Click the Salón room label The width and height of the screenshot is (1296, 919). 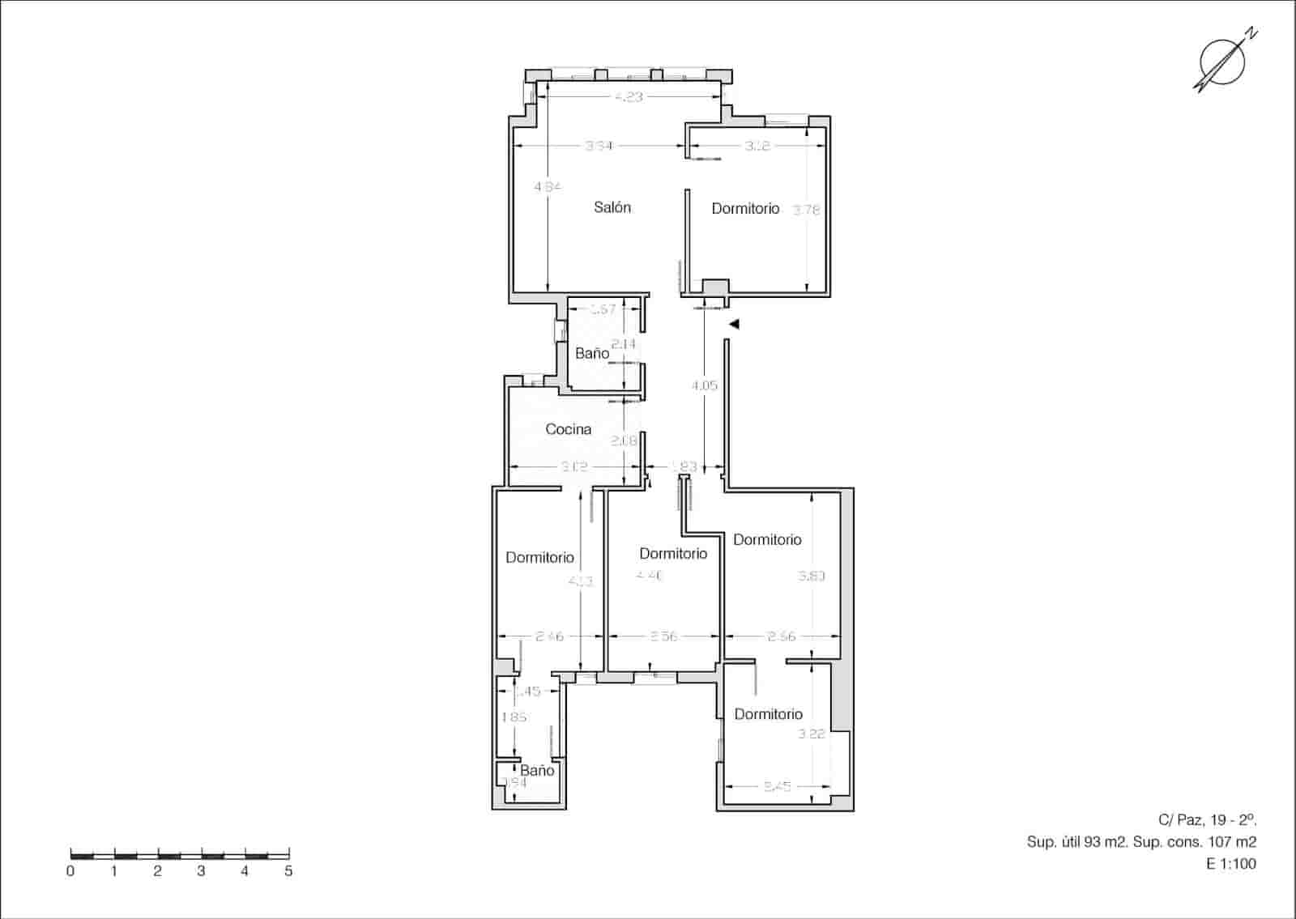point(612,207)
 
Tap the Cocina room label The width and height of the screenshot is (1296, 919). point(568,429)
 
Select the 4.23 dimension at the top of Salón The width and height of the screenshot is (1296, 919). point(628,96)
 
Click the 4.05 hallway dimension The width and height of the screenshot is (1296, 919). point(704,386)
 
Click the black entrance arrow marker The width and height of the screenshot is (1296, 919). point(734,324)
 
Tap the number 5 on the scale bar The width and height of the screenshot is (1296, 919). point(288,872)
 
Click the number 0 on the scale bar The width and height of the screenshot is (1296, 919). point(71,872)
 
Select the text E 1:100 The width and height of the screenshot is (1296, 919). point(1231,864)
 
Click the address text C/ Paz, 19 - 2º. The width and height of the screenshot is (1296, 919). point(1208,819)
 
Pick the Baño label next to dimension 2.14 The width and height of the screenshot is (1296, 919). point(592,354)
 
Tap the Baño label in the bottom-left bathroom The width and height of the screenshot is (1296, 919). point(537,770)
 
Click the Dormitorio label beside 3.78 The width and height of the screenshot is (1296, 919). point(745,209)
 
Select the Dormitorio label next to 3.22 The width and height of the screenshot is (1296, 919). point(768,714)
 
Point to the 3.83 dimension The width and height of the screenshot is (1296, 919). point(811,577)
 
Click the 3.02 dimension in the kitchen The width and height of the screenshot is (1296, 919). point(573,467)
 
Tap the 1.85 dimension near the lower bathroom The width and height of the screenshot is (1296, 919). point(514,717)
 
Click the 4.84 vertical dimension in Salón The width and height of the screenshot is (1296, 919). point(548,186)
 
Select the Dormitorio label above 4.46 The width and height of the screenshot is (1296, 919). point(673,554)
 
